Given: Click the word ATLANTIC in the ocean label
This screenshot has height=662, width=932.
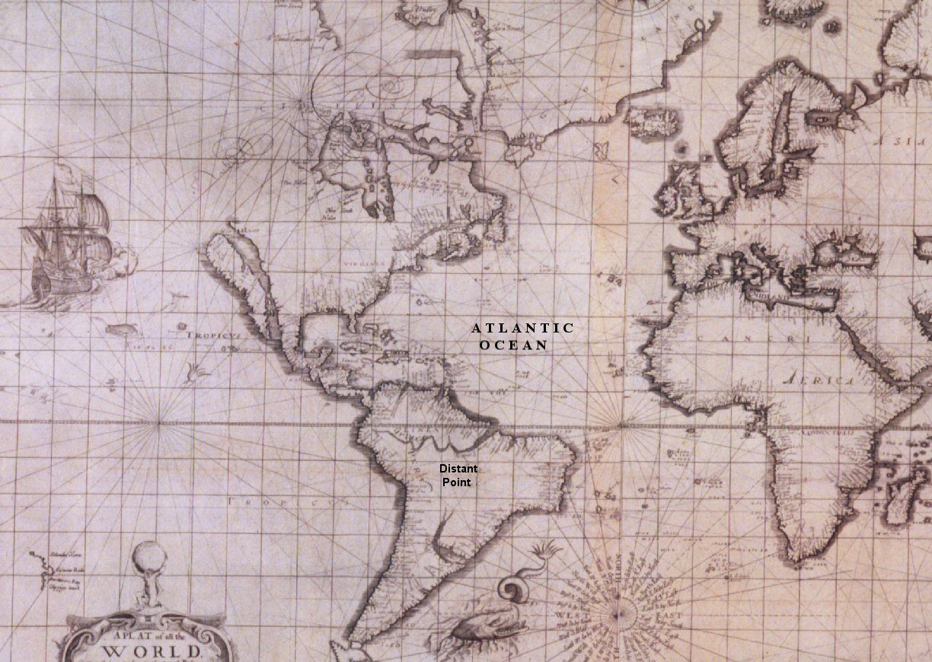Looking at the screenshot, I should tap(522, 328).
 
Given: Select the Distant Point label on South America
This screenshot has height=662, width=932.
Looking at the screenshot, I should tap(458, 476).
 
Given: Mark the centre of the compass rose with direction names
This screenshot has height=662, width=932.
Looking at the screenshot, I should tap(622, 611).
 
